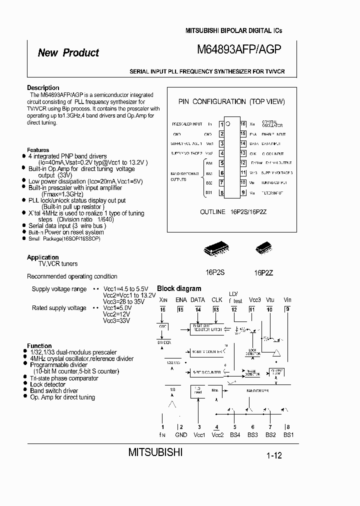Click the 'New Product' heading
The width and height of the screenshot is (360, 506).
pos(68,53)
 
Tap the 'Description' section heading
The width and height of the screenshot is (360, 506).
pos(43,88)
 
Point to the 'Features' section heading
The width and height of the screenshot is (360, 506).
pos(38,150)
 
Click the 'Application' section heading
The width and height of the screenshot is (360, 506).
pos(42,257)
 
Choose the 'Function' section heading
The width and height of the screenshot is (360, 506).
pos(39,346)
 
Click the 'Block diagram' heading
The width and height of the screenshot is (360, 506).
pos(179,288)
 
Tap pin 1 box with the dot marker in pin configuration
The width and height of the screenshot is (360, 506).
pos(221,124)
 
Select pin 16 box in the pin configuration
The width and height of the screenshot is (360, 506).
pos(242,124)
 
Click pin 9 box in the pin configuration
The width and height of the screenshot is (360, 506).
pos(242,192)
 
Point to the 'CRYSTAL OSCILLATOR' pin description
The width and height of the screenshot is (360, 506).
pos(272,124)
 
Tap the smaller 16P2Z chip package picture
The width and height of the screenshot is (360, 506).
pos(263,248)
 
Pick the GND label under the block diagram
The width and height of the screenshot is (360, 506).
pos(181,434)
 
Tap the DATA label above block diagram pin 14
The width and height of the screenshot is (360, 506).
pos(197,300)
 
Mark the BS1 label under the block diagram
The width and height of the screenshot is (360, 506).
pos(288,434)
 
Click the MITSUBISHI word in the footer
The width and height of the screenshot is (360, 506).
pos(155,452)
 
